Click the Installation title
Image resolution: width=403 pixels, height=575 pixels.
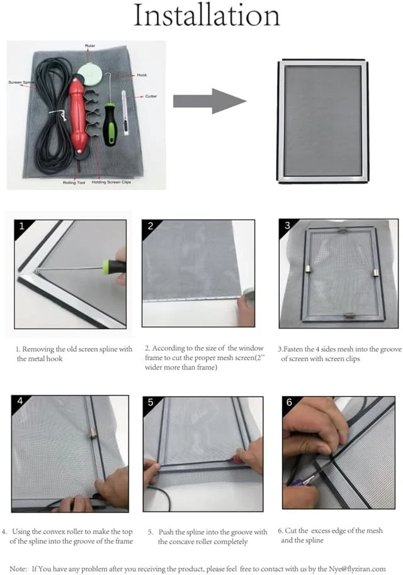click(207, 15)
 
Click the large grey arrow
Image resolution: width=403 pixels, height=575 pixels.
click(210, 102)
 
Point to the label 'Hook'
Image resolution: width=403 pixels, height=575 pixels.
click(142, 75)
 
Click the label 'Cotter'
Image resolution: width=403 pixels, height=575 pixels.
click(150, 96)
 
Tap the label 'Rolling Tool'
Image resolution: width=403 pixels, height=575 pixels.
click(74, 182)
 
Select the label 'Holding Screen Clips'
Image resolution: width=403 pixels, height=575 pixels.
click(111, 182)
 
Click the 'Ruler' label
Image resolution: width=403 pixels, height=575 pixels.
click(90, 46)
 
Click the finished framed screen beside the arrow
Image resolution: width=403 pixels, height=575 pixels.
click(322, 121)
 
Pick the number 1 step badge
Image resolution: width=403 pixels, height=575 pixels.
click(21, 226)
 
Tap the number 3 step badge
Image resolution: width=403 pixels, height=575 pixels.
click(288, 226)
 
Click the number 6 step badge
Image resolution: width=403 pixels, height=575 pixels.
click(290, 402)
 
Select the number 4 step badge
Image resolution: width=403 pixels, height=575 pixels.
click(20, 401)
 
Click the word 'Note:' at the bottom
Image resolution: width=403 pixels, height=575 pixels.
click(18, 569)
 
